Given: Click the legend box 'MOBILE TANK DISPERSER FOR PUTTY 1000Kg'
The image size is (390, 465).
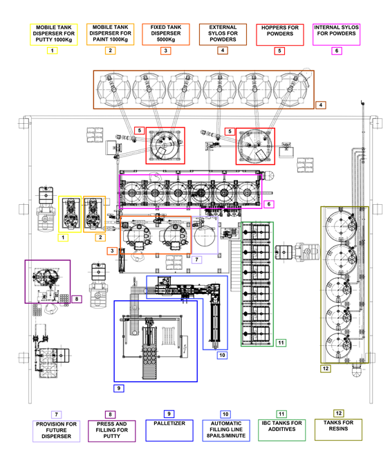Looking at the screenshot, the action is point(54,35).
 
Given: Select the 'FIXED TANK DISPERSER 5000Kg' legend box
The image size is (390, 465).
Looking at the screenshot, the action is point(166,35).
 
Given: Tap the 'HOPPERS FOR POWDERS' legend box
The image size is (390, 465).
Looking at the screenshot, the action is point(280,35).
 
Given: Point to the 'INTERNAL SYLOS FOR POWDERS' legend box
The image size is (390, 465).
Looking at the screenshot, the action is point(336,35).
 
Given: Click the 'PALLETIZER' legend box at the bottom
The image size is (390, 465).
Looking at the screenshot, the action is point(169,430).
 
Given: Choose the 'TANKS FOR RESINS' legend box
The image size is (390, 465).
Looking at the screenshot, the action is point(338,430).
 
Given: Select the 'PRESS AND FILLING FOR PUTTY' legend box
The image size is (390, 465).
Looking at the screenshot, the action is point(112,431).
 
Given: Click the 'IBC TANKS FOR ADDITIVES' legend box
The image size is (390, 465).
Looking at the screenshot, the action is point(282,430).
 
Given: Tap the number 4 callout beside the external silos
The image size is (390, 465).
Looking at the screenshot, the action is point(321,105).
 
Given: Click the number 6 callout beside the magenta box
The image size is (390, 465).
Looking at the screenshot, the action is point(269,204).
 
